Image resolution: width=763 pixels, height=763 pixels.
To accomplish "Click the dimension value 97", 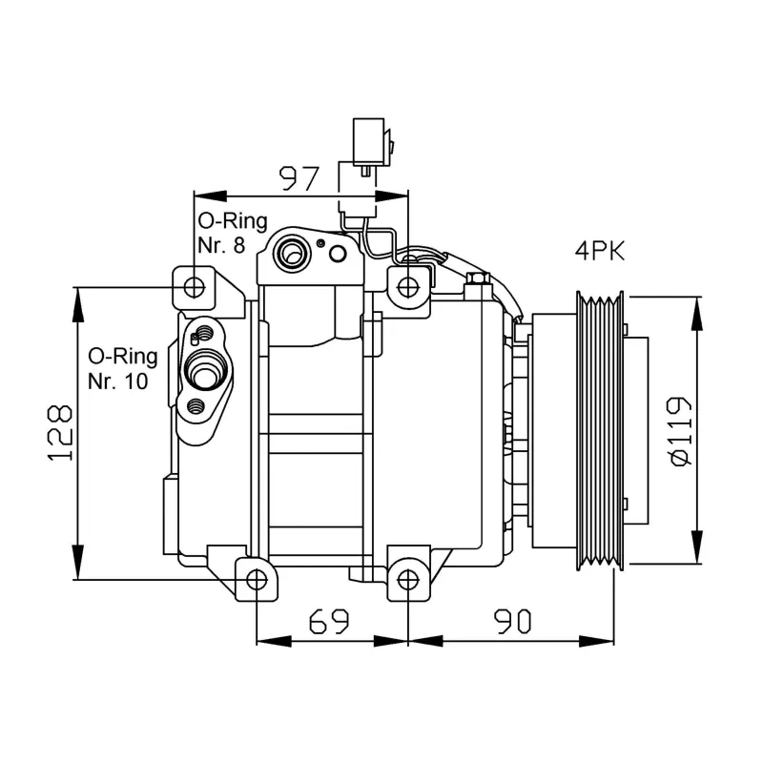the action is [299, 178].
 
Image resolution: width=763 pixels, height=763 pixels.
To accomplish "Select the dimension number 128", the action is [60, 433].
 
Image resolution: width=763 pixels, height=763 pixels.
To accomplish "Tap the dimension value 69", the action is [329, 621].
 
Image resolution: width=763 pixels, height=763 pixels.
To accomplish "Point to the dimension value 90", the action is [512, 622].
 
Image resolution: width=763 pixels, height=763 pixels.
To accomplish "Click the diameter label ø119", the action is [680, 432].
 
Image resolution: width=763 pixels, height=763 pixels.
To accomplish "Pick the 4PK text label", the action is [600, 252].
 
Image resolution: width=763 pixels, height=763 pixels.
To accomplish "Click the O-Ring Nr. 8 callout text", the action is [232, 233].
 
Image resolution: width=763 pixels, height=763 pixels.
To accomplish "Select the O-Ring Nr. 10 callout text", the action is [123, 369].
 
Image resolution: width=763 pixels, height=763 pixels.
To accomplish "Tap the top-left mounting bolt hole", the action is [195, 288].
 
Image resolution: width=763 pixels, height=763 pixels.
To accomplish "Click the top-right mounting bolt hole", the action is [407, 287].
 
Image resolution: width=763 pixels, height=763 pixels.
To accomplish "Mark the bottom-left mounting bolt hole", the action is [257, 580].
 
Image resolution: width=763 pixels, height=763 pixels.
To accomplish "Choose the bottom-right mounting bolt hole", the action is [408, 580].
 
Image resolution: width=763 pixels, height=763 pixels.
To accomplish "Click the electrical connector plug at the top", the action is [368, 142].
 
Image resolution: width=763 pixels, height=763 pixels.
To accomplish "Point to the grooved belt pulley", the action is [600, 431].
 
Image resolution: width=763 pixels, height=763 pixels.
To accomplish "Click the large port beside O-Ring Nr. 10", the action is [204, 370].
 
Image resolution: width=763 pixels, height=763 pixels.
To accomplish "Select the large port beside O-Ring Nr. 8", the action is [291, 254].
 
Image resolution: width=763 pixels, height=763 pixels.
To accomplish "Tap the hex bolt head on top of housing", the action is [478, 278].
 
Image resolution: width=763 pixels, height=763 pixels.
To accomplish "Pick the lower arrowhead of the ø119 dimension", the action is [697, 547].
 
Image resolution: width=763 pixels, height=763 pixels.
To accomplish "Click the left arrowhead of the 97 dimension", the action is [210, 196].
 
